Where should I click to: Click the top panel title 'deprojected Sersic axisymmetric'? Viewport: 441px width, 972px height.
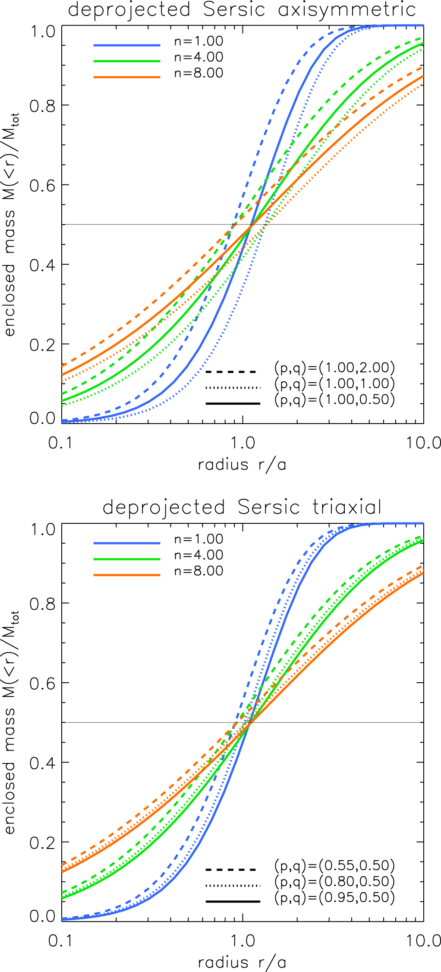pyautogui.click(x=242, y=10)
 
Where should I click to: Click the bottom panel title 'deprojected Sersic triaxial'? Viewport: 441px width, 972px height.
pyautogui.click(x=242, y=507)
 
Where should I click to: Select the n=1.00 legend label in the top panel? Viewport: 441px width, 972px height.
pyautogui.click(x=198, y=41)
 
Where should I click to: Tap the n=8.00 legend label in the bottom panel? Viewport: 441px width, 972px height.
pyautogui.click(x=198, y=571)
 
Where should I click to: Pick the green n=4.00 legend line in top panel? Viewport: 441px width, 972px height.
pyautogui.click(x=127, y=61)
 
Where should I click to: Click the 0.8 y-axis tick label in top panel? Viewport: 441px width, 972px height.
pyautogui.click(x=43, y=106)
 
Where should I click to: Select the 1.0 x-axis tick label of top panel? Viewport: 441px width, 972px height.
pyautogui.click(x=243, y=443)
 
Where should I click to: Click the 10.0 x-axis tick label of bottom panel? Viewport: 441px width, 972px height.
pyautogui.click(x=423, y=941)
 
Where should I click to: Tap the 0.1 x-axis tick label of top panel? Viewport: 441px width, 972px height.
pyautogui.click(x=60, y=443)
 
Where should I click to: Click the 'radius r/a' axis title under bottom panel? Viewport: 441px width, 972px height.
pyautogui.click(x=242, y=963)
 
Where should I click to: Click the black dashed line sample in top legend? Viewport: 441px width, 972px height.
pyautogui.click(x=231, y=371)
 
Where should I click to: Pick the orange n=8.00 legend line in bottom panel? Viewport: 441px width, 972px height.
pyautogui.click(x=127, y=575)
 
